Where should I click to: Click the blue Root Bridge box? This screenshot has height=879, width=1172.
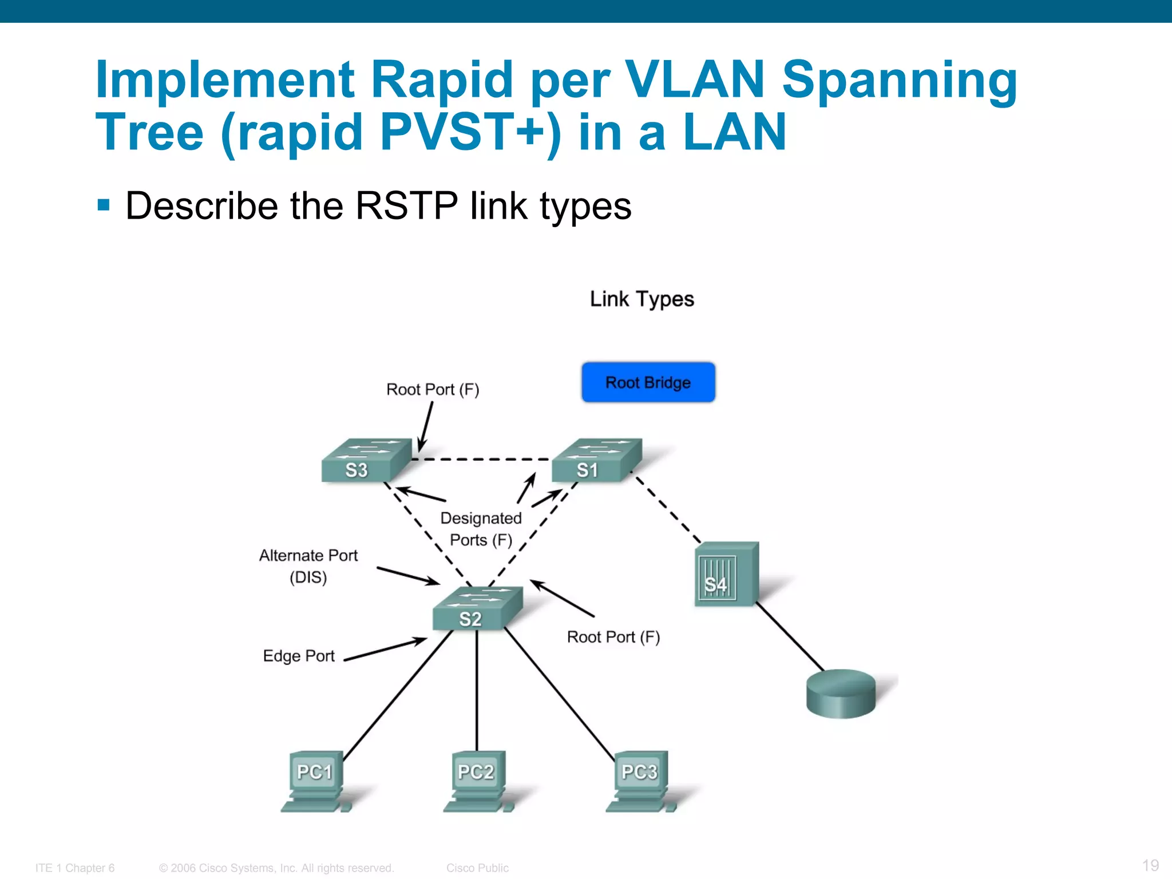coord(648,382)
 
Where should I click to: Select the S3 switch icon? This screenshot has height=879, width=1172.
coord(366,461)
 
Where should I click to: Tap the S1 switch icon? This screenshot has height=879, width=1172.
coord(596,461)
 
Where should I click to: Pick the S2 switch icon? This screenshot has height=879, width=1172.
coord(477,609)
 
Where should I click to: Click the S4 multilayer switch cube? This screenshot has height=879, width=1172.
coord(726,574)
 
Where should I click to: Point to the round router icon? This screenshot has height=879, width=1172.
coord(841,693)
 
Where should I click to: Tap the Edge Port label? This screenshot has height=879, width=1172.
coord(298,656)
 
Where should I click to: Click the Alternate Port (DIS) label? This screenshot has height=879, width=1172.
coord(308,566)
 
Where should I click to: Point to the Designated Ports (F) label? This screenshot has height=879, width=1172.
coord(481,529)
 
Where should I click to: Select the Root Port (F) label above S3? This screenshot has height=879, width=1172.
coord(433,390)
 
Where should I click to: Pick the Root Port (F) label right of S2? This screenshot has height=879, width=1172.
coord(613,637)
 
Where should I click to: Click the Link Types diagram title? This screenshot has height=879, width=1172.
coord(642,299)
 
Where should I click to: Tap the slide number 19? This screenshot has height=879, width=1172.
coord(1150,865)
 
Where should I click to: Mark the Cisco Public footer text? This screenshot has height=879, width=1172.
coord(477,868)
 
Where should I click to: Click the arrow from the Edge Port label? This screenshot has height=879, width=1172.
coord(385,650)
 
